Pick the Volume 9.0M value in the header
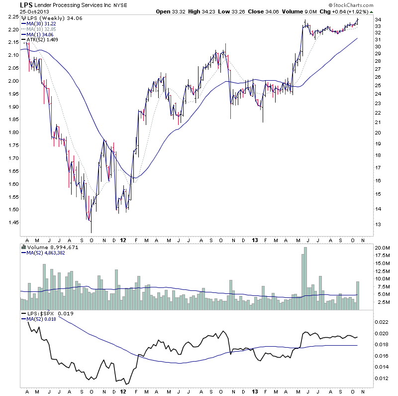pyautogui.click(x=295, y=11)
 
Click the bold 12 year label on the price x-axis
pyautogui.click(x=122, y=240)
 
